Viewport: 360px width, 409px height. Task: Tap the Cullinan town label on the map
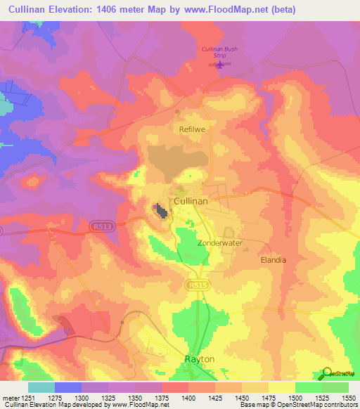pos(190,201)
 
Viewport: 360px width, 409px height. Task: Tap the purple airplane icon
pos(221,65)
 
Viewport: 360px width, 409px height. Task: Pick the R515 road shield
pos(196,284)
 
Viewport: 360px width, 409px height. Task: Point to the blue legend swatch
pos(68,387)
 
